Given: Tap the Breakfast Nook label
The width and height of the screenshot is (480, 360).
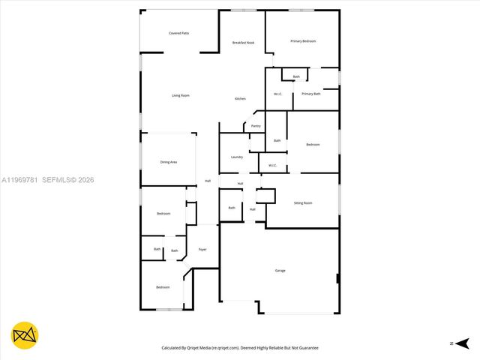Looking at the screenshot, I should point(243,43).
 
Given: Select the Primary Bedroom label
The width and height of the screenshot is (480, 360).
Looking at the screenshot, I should point(303,41).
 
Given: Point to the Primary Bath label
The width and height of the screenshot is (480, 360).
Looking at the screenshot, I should point(311,94).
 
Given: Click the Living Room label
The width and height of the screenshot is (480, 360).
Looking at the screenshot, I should point(180,95).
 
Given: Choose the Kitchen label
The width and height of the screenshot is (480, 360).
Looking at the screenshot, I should point(240,99).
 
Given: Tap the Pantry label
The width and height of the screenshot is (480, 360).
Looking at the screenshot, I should point(256,126).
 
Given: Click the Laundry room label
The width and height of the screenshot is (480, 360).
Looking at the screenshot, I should point(236,157).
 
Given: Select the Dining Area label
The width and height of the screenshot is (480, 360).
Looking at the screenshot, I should point(169,162).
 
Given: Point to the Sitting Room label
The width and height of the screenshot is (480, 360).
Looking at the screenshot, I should point(303,203).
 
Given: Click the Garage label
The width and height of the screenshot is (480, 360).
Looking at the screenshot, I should point(280,271).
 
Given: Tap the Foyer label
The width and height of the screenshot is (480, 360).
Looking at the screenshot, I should point(202,249).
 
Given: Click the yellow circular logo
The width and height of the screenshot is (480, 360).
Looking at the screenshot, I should point(25,336).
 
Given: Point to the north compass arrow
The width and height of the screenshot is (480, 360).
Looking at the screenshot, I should point(452,343).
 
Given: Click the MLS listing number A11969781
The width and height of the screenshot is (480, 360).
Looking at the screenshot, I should point(19,180).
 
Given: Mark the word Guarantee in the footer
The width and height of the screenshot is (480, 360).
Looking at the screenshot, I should point(307,348).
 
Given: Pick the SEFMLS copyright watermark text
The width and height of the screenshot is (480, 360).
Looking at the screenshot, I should point(67,180).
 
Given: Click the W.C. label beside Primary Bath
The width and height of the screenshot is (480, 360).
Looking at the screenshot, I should point(277,94).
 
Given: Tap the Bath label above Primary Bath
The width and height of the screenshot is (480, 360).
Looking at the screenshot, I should point(296,76).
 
